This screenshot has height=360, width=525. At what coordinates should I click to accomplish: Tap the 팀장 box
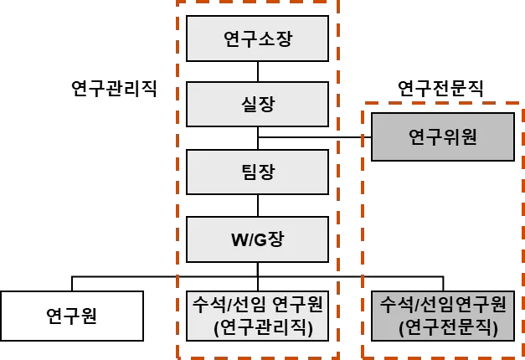(257, 172)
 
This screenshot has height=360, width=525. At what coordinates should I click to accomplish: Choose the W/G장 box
(257, 239)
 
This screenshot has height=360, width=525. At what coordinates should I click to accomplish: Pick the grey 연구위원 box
(442, 136)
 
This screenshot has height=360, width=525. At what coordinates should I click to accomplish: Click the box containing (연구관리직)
(257, 314)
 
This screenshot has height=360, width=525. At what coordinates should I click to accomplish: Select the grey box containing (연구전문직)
(442, 315)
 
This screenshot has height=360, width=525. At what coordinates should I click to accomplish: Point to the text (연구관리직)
(263, 327)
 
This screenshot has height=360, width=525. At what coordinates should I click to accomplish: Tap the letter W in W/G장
(239, 240)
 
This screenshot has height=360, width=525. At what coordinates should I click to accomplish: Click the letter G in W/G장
(260, 240)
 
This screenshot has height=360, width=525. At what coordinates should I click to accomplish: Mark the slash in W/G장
(250, 240)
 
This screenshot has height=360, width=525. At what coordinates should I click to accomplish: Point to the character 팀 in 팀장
(247, 172)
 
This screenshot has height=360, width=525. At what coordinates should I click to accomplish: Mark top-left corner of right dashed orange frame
(364, 105)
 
